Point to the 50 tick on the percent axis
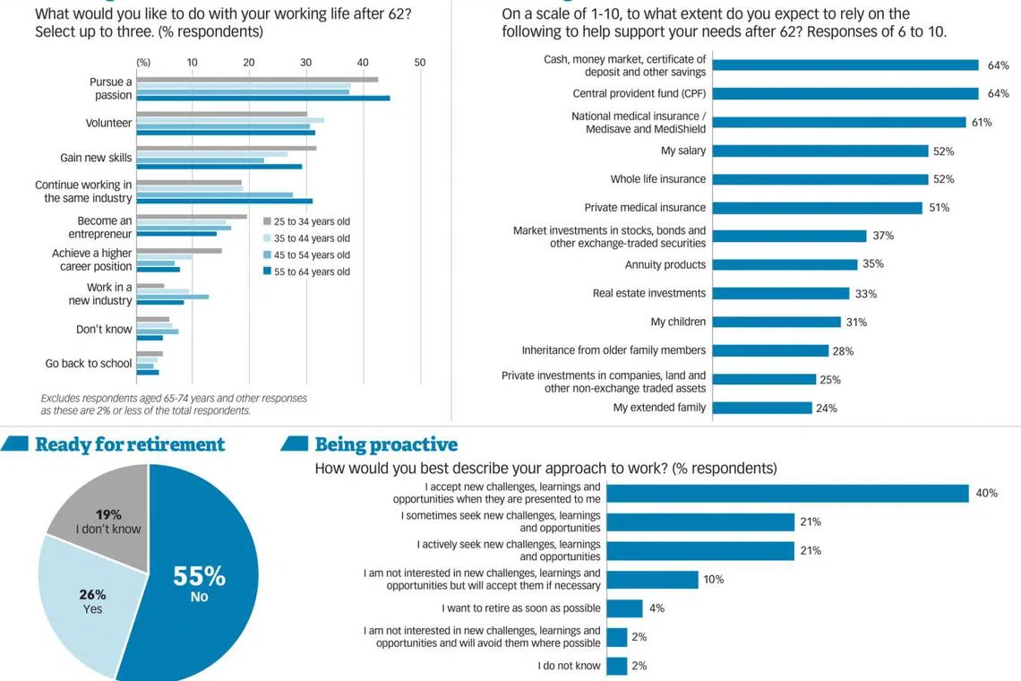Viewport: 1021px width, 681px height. (420, 62)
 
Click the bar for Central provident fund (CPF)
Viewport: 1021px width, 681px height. (845, 93)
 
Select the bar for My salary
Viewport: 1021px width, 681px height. (820, 151)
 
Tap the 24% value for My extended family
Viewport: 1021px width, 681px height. (827, 408)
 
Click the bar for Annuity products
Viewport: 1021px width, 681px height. (785, 264)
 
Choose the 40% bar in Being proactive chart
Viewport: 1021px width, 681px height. (787, 493)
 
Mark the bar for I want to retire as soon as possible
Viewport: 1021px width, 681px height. (624, 608)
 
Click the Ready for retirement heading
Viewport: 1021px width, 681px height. (130, 444)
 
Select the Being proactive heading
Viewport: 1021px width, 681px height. (386, 444)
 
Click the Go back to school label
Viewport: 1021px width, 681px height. (89, 364)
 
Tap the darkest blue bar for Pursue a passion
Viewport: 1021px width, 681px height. (263, 98)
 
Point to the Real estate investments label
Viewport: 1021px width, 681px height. (649, 293)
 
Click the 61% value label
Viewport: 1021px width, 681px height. (982, 122)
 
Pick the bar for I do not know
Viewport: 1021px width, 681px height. (616, 666)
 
